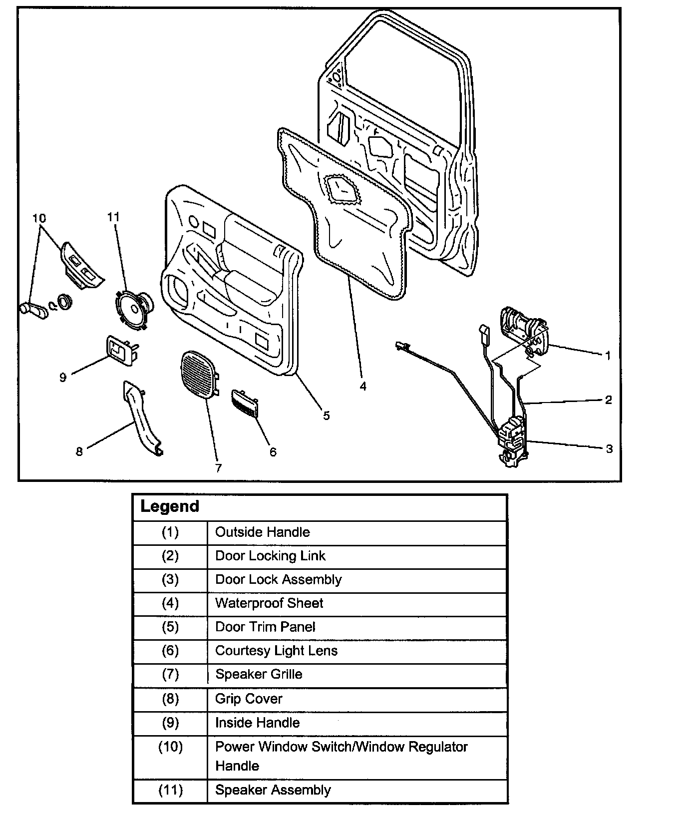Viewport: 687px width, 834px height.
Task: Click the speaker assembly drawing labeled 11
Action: click(x=132, y=310)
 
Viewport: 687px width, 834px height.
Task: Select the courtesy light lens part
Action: click(x=245, y=402)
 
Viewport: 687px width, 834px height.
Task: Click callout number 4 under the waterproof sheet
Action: click(x=363, y=386)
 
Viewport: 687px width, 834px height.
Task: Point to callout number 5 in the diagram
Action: click(x=326, y=415)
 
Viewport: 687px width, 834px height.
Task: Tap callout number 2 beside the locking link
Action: click(x=608, y=400)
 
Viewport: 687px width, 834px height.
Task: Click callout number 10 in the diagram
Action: click(x=39, y=218)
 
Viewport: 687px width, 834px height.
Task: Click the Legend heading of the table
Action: click(x=170, y=506)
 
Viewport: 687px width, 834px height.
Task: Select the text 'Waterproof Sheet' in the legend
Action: click(x=269, y=603)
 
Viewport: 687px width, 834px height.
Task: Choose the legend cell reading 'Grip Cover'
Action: click(x=249, y=699)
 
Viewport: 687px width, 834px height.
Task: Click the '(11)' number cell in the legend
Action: click(x=170, y=790)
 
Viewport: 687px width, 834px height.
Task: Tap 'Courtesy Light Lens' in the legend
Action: click(x=276, y=651)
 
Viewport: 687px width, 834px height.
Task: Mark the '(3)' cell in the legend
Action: click(x=170, y=579)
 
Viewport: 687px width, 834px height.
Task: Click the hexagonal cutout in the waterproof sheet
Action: click(x=343, y=190)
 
